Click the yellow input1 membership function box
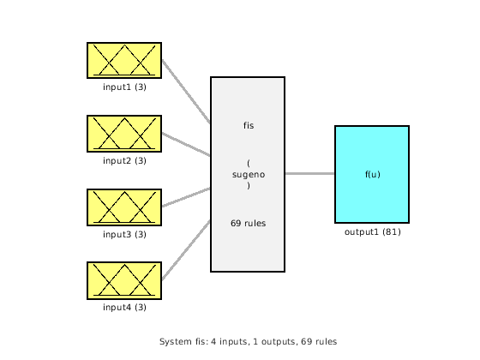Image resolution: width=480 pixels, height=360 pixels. point(124,61)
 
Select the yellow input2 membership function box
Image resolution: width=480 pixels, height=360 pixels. point(124,134)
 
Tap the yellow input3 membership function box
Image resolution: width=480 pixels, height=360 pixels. point(124,207)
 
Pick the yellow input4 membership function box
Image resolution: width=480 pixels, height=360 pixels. point(124,280)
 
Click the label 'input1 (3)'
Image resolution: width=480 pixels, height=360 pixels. point(124,87)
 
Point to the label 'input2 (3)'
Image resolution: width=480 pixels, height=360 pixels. point(124,160)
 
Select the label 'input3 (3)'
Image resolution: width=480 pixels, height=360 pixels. point(124,234)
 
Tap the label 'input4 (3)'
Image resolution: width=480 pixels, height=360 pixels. point(124,307)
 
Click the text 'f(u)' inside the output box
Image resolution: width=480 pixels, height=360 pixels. point(372,175)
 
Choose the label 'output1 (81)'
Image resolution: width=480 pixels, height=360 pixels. point(372,231)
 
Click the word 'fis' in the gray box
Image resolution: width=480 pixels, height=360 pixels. point(248,126)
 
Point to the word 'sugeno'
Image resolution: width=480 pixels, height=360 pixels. point(248,175)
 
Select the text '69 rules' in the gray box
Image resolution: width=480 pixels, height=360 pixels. point(248,224)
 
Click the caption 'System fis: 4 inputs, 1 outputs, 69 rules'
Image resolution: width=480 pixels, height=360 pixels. point(248,341)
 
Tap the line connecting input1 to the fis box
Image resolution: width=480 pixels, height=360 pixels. point(186,93)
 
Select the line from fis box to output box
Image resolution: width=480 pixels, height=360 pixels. point(309,174)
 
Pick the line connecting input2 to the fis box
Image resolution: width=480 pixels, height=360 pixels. point(186,145)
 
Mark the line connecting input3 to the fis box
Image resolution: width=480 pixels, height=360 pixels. point(186,197)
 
